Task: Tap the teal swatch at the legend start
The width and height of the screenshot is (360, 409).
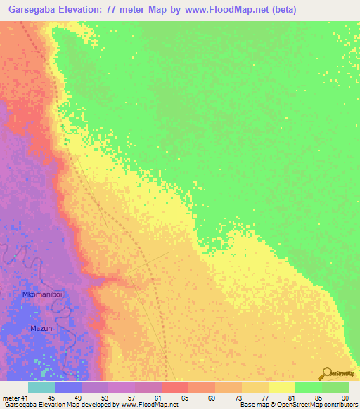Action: point(41,388)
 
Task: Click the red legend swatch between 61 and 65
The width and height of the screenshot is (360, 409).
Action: point(174,388)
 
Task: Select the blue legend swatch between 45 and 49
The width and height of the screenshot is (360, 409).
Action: point(67,388)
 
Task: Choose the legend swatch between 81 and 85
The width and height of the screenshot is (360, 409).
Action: point(308,388)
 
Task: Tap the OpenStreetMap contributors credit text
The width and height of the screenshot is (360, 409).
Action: point(295,404)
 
